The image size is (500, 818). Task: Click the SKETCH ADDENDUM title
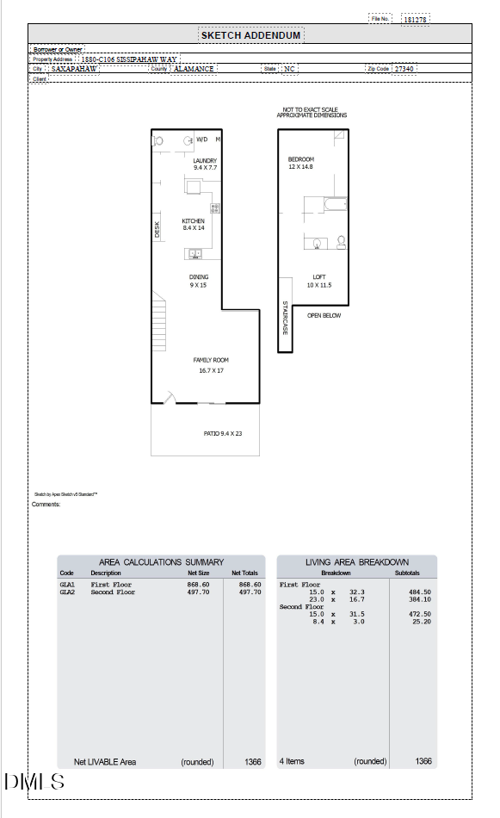pyautogui.click(x=250, y=35)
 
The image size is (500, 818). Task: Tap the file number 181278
pyautogui.click(x=416, y=19)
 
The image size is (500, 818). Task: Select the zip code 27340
pyautogui.click(x=404, y=69)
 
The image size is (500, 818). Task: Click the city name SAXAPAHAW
pyautogui.click(x=74, y=69)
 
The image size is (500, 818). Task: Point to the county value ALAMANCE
pyautogui.click(x=194, y=69)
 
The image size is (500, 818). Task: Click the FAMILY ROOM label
pyautogui.click(x=211, y=360)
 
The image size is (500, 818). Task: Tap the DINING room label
pyautogui.click(x=199, y=276)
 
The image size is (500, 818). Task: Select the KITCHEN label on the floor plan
pyautogui.click(x=193, y=221)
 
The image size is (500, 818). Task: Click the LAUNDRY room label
pyautogui.click(x=205, y=161)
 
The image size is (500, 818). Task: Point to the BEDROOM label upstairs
pyautogui.click(x=300, y=159)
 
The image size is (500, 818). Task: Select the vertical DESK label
pyautogui.click(x=157, y=229)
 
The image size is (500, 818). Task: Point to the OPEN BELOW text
pyautogui.click(x=324, y=316)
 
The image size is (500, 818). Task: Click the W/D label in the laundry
pyautogui.click(x=202, y=139)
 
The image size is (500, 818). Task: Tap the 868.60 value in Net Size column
pyautogui.click(x=199, y=584)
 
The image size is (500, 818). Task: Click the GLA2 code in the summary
pyautogui.click(x=67, y=592)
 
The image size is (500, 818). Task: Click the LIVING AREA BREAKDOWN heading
pyautogui.click(x=357, y=562)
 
